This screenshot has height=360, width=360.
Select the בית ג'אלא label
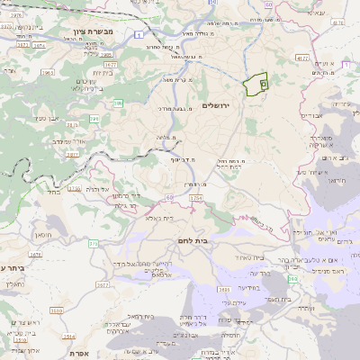pyautogui.click(x=166, y=219)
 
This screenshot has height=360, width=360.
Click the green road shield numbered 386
pyautogui.click(x=118, y=103)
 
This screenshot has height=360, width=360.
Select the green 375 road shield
pyautogui.click(x=93, y=243)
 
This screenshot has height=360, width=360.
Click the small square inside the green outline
pyautogui.click(x=263, y=84)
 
